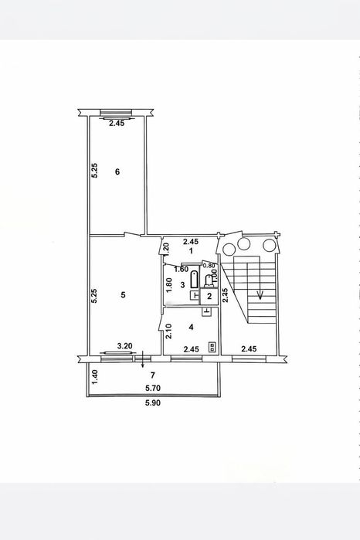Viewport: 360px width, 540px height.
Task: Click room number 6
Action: [117, 172]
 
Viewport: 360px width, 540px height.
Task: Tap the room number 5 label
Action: [124, 295]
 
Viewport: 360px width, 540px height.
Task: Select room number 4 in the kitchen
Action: [191, 327]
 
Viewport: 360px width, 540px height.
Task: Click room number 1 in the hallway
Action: [191, 251]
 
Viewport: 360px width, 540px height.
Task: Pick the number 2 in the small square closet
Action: [209, 296]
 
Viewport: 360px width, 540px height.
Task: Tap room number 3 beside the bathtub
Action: [183, 285]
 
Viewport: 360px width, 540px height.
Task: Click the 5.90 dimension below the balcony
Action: [153, 402]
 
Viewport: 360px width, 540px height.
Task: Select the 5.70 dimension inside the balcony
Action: [153, 388]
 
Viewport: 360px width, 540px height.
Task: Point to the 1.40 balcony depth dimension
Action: [96, 377]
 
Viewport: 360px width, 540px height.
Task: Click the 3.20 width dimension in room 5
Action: [124, 346]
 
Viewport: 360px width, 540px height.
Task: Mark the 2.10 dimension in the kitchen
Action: [169, 331]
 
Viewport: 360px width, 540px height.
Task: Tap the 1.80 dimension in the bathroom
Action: [169, 286]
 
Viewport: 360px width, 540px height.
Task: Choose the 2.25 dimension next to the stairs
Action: [226, 295]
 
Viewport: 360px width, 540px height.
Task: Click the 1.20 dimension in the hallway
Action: [166, 250]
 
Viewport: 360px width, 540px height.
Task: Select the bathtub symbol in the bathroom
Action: [194, 280]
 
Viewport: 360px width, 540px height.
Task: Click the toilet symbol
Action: [209, 280]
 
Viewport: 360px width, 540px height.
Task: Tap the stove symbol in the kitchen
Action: [212, 347]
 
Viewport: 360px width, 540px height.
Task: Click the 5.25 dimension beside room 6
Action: [95, 170]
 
